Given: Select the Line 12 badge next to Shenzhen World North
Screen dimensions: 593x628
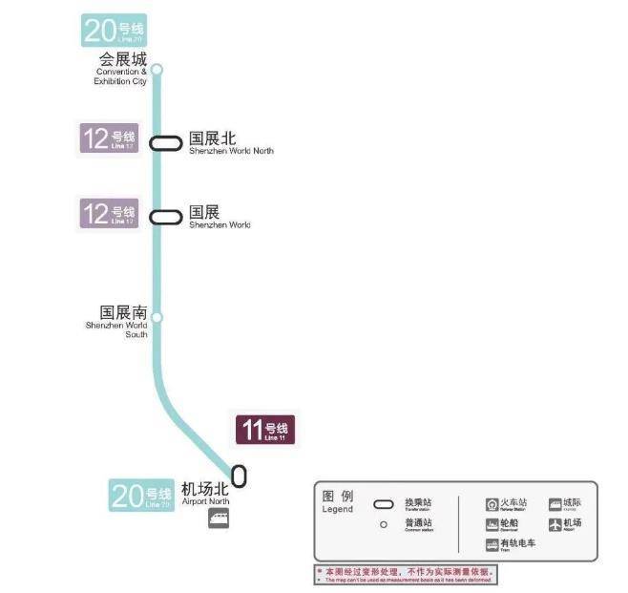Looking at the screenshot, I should pos(108,139).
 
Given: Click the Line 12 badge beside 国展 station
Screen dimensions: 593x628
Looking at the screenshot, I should pos(108,213).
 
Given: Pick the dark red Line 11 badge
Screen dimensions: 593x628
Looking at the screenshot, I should pos(265,430).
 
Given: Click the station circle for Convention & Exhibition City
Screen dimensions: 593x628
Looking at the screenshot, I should pos(157,69).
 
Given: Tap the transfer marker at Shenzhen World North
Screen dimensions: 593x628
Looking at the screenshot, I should pos(165,142).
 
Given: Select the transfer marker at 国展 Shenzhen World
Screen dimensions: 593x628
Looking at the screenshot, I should pos(165,217).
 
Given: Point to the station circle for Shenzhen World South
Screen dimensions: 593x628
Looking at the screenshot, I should pos(157,317).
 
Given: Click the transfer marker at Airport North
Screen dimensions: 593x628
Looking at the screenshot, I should pos(239,474).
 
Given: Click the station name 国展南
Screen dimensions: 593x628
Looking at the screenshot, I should pos(123,312).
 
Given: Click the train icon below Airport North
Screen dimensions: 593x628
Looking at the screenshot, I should pos(219,519).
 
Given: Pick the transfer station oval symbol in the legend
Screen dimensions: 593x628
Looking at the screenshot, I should pos(383,504).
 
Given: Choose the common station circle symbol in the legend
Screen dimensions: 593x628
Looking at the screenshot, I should pos(383,524).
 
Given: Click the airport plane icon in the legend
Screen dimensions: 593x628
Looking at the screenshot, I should pos(555,524).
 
